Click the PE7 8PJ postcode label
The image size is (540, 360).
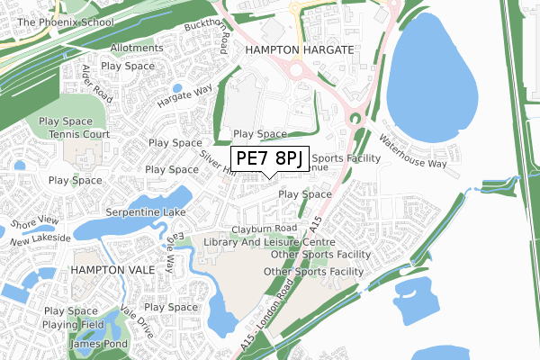pos(268,159)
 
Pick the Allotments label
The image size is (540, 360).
pos(137,47)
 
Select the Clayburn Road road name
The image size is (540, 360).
pos(263,229)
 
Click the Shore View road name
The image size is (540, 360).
pos(34,222)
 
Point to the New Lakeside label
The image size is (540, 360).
pos(40,243)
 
